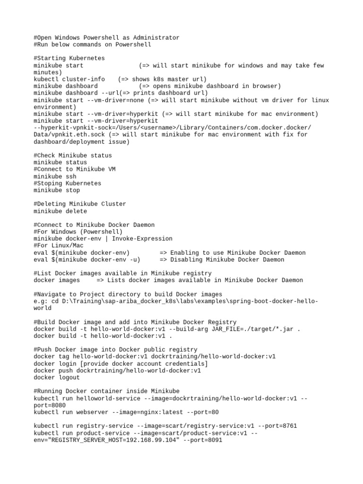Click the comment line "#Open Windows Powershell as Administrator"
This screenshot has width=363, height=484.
tap(106, 38)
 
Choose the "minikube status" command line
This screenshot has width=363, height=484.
tap(60, 162)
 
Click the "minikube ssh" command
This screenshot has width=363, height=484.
tap(55, 176)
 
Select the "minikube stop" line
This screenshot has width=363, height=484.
tap(57, 190)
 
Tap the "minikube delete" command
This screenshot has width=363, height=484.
tap(60, 211)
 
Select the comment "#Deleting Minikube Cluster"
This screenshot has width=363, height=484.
tap(80, 204)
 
